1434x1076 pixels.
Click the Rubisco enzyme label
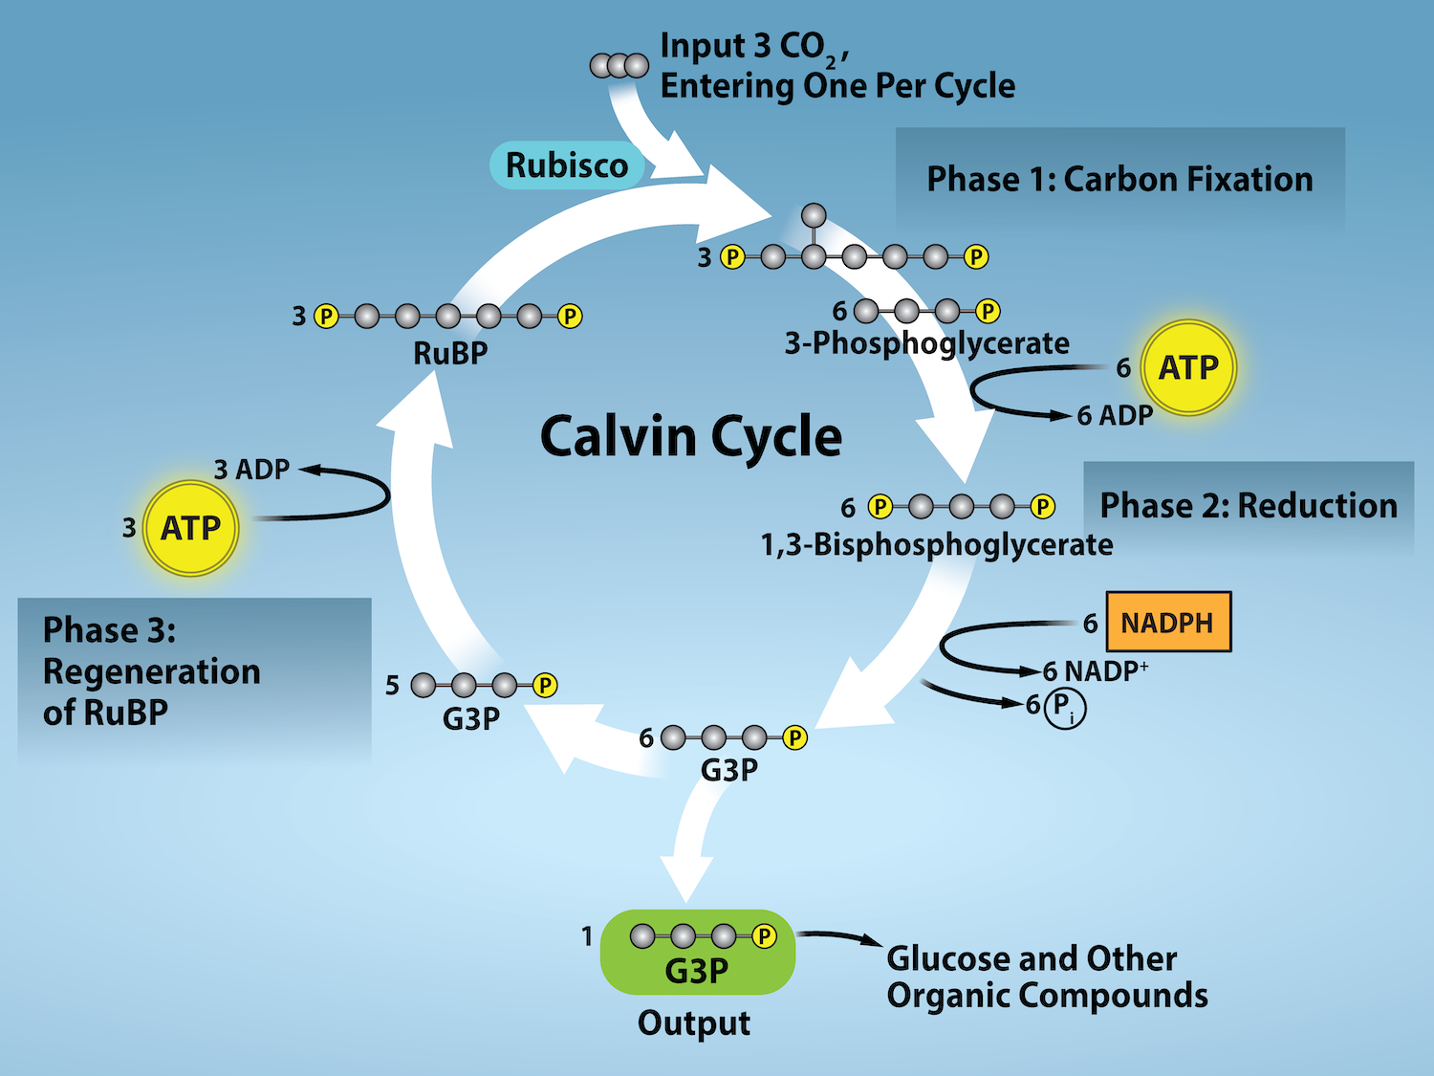pos(567,165)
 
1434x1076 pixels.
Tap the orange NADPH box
pos(1167,623)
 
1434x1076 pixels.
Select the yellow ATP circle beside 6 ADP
pos(1188,367)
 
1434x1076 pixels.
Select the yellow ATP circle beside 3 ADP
pos(190,528)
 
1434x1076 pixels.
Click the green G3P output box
pos(697,953)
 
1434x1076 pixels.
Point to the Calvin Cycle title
pos(690,436)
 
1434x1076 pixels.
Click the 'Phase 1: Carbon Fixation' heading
pos(1119,180)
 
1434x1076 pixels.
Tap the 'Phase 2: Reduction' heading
pos(1249,506)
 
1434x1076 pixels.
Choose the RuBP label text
pos(450,354)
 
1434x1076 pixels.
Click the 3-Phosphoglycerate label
pos(926,343)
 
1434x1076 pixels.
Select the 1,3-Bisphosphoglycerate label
pos(936,545)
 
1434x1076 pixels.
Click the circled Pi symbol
pos(1064,708)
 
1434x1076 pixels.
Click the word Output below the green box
pos(694,1023)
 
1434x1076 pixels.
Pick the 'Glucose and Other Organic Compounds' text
pos(1046,977)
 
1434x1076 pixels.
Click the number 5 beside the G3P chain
pos(392,686)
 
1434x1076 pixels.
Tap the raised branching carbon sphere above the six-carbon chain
pos(814,215)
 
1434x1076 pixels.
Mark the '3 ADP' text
pos(251,470)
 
